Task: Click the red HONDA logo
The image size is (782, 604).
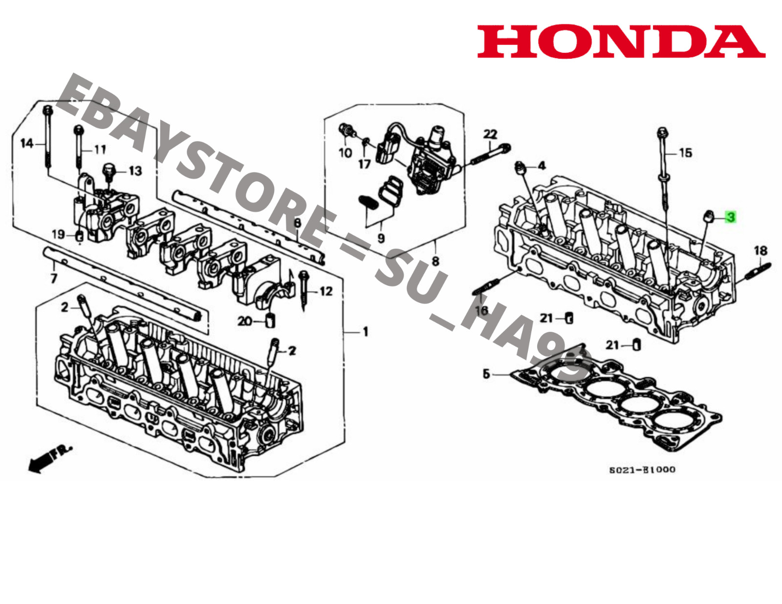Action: point(621,42)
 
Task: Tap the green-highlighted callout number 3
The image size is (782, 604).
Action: point(730,216)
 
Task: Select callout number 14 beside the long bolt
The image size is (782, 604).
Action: point(26,143)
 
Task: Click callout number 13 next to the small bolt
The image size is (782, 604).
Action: point(135,171)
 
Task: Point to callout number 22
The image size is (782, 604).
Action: point(490,134)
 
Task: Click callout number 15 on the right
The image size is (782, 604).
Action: point(686,153)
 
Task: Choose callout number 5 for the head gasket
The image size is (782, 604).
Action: point(486,374)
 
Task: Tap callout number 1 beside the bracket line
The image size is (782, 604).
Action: point(365,332)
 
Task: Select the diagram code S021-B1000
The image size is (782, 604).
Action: point(642,470)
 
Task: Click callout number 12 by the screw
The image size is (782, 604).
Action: point(326,291)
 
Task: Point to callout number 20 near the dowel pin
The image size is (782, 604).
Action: point(244,321)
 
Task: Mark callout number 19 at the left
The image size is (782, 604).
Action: point(58,234)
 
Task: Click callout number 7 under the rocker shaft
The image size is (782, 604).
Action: point(54,278)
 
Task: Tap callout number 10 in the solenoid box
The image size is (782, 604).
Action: point(345,153)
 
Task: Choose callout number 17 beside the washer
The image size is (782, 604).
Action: point(365,164)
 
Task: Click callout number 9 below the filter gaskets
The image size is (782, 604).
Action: point(381,238)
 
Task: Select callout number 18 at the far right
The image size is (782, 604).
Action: point(760,251)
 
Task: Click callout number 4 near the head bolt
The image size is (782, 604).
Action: point(542,166)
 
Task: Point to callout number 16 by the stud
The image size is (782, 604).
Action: point(482,310)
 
